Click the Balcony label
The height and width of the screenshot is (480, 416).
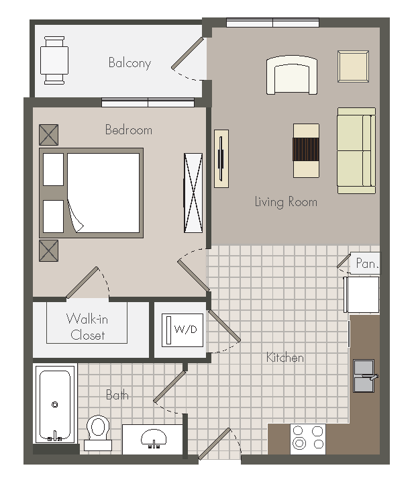(129, 63)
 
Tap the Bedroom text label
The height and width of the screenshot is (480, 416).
(128, 130)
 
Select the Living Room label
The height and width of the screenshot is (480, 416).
(285, 201)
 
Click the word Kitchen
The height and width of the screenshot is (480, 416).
(285, 358)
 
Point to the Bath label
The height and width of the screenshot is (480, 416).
(117, 395)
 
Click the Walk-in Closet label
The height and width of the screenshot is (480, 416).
(87, 326)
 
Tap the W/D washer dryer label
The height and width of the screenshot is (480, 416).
(185, 330)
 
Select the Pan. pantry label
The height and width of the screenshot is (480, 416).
(367, 264)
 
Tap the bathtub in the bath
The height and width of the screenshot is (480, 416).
(54, 405)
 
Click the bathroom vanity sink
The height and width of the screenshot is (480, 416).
(153, 440)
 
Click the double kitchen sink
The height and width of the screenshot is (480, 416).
(364, 376)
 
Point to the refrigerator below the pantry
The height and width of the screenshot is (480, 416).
(362, 294)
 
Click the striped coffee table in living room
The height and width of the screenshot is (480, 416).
(306, 150)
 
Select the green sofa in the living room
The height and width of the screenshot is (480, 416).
(356, 150)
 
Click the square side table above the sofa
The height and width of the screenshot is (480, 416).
(353, 66)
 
